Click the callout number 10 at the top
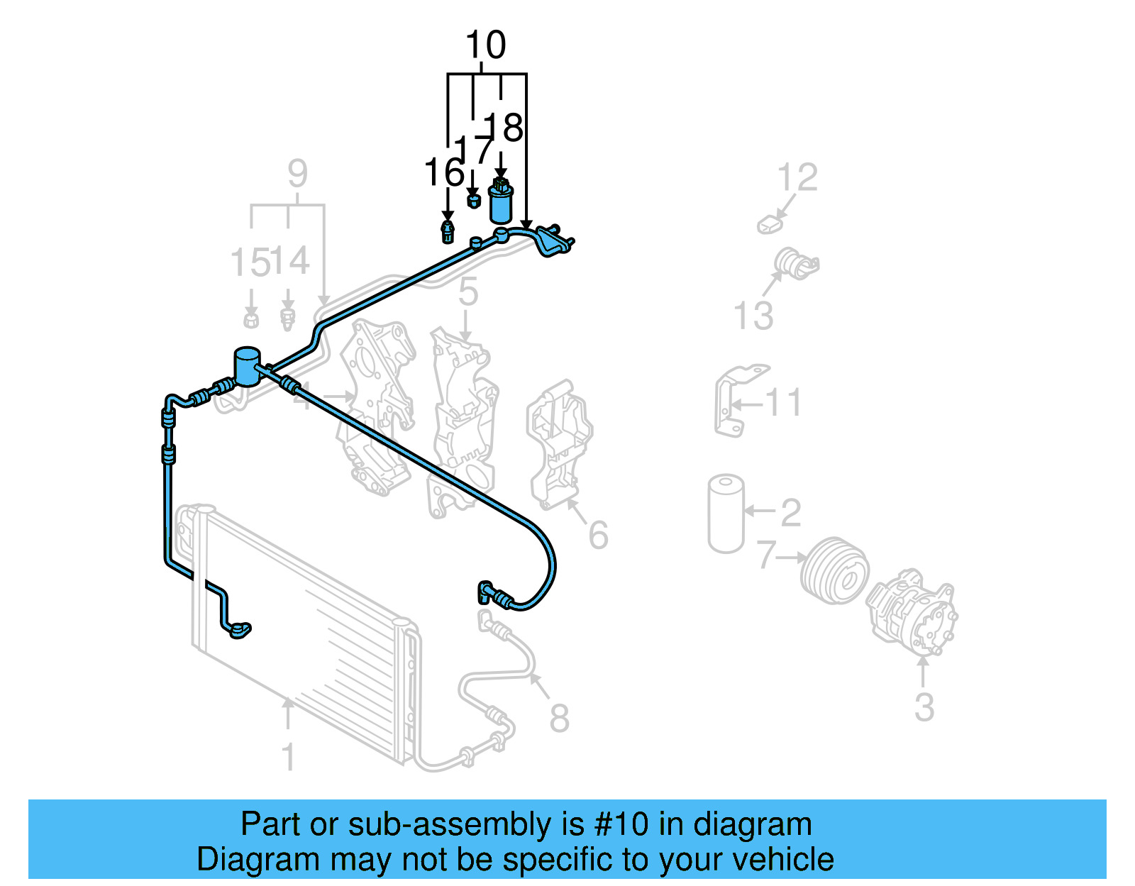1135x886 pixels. point(485,45)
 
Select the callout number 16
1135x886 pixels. point(443,172)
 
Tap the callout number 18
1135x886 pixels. point(505,128)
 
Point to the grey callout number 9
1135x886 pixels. point(297,174)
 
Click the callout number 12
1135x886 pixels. point(797,177)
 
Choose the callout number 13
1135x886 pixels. point(753,316)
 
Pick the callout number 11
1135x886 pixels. point(783,403)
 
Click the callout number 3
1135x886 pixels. point(924,707)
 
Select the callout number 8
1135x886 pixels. point(559,718)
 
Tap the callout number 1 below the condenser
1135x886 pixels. point(288,758)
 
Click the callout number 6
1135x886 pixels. point(598,535)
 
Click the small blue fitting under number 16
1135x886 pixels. point(448,231)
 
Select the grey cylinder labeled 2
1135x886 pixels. point(726,514)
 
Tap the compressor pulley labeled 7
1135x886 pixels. point(835,570)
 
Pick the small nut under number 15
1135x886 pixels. point(250,320)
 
